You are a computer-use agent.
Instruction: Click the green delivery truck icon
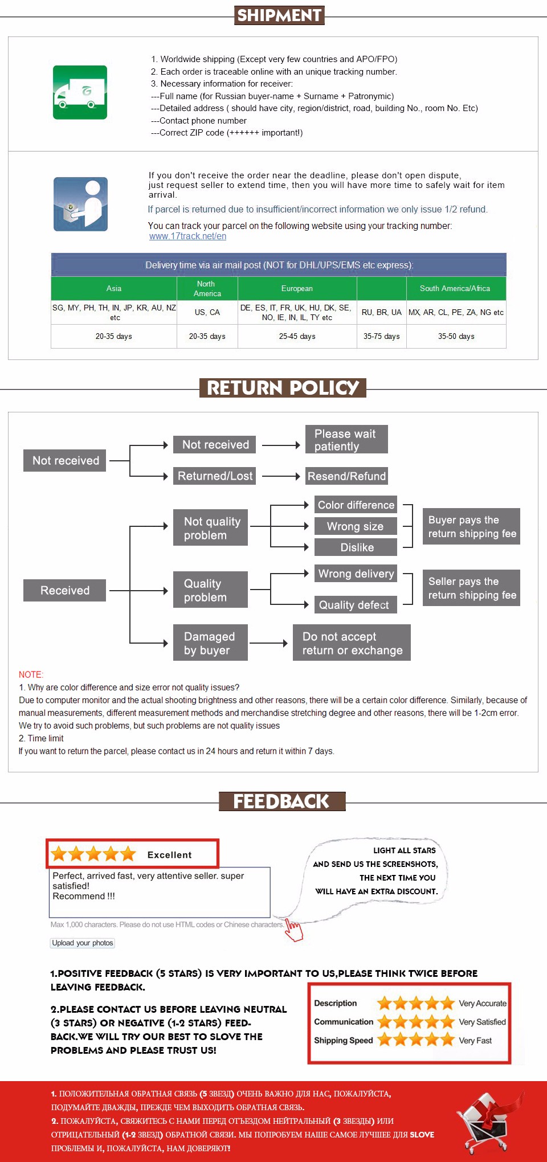coord(80,92)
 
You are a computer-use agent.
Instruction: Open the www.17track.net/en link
coord(187,236)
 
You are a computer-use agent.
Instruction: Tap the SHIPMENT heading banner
coord(279,15)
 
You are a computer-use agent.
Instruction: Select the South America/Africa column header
coord(455,288)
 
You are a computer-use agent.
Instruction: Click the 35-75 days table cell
coord(381,337)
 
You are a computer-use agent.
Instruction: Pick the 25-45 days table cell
coord(297,337)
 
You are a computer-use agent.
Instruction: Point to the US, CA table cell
coord(207,313)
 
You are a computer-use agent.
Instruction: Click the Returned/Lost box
coord(214,476)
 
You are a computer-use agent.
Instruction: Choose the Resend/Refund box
coord(346,476)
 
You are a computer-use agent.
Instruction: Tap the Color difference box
coord(356,505)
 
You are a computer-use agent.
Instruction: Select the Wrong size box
coord(356,526)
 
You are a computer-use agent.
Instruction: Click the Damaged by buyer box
coord(210,643)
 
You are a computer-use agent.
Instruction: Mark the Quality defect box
coord(355,605)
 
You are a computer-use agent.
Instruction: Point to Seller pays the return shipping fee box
coord(471,588)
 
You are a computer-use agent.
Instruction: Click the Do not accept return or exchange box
coord(352,643)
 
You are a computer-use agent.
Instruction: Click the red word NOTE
coord(31,674)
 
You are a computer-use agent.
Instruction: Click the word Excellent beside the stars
coord(169,855)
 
